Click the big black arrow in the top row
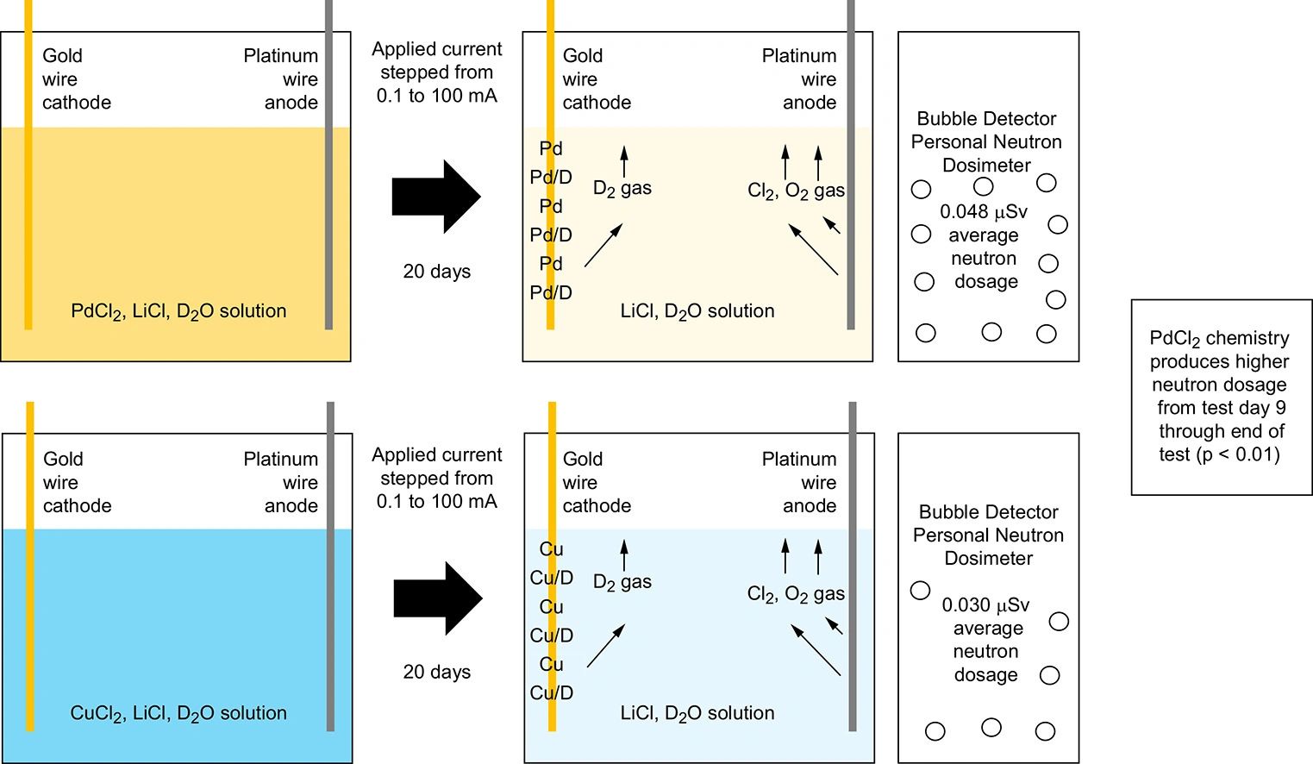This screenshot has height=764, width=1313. [x=435, y=197]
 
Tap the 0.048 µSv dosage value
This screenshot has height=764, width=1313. [x=984, y=212]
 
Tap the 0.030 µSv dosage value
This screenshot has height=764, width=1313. [x=985, y=605]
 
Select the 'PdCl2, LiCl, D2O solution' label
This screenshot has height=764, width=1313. [x=178, y=312]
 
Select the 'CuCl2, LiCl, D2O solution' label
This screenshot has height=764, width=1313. [x=178, y=714]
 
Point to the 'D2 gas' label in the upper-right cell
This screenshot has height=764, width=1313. [x=622, y=189]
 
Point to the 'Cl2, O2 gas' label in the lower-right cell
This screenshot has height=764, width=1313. [x=796, y=594]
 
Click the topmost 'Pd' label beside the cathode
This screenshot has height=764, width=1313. [x=551, y=149]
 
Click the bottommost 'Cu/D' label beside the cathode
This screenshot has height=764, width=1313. [x=552, y=693]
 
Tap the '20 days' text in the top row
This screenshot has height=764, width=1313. [x=437, y=272]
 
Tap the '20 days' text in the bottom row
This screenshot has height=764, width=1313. [x=437, y=673]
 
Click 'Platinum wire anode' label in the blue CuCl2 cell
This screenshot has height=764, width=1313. [x=281, y=483]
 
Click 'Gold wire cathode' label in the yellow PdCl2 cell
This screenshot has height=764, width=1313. [x=76, y=79]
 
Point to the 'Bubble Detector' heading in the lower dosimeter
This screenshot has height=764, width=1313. [x=988, y=512]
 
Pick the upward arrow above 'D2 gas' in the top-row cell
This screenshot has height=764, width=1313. [x=624, y=161]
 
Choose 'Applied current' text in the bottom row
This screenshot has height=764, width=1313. [x=437, y=455]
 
